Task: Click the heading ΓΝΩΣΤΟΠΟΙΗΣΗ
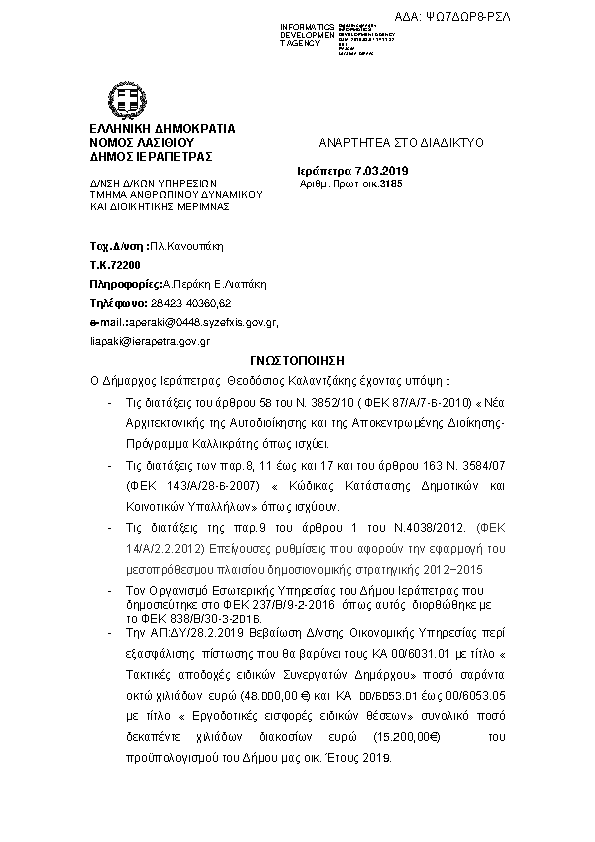tap(297, 359)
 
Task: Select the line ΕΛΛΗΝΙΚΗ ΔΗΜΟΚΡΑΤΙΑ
tap(162, 129)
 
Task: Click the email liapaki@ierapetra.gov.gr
tap(150, 341)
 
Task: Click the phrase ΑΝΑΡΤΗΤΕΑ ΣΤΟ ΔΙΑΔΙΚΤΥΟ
tap(401, 143)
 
